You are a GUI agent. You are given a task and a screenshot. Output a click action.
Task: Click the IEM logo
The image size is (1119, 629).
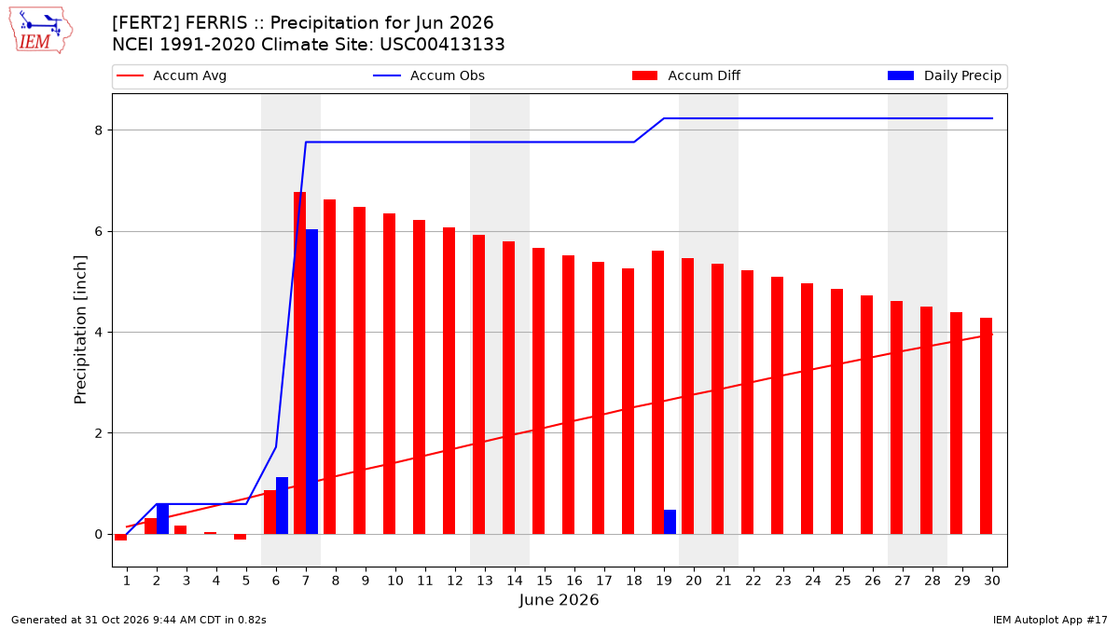[41, 31]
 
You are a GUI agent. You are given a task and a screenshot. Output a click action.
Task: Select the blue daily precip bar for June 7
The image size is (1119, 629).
[311, 382]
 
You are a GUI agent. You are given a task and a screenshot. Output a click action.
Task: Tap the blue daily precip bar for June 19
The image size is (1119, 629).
[670, 522]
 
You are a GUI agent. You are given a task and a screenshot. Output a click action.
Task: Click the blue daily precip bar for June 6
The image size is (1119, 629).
[282, 506]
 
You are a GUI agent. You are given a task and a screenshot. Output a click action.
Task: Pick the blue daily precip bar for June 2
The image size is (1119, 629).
[162, 519]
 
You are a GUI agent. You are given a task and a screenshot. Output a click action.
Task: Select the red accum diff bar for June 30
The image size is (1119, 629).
[987, 426]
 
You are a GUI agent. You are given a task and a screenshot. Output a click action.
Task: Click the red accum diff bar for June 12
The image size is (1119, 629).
[449, 381]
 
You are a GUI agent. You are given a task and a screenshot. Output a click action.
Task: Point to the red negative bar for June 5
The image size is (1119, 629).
[241, 537]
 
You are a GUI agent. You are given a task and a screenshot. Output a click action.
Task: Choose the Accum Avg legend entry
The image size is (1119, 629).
[172, 75]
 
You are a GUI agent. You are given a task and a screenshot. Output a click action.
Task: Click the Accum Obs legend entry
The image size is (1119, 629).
[429, 75]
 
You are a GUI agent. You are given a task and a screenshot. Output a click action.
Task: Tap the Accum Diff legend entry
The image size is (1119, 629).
[686, 75]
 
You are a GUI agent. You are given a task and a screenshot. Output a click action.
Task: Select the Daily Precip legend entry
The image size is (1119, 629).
[944, 75]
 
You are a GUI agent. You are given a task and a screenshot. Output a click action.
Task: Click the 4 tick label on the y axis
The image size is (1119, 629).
[99, 333]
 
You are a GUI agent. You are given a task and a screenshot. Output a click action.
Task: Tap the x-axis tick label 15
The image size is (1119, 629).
[545, 581]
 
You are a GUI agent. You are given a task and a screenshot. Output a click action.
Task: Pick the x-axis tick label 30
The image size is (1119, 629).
[992, 581]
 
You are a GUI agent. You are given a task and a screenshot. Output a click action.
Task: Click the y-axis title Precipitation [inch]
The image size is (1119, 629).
[80, 330]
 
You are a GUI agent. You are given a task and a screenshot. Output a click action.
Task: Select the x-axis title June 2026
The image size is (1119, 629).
[559, 599]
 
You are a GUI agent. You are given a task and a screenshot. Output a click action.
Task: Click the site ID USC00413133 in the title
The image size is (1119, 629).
[442, 45]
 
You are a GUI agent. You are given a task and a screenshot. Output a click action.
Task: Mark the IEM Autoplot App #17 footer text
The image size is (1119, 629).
[1050, 620]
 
